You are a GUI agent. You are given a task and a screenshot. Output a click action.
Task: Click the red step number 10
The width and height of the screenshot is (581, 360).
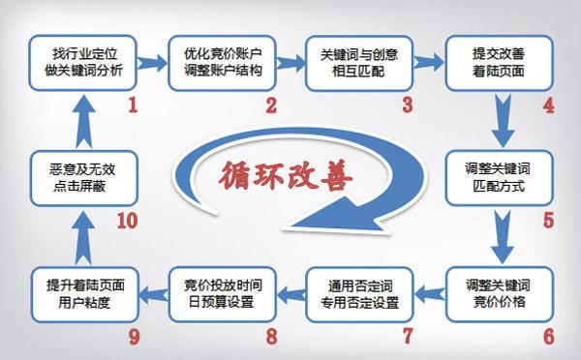[127, 221]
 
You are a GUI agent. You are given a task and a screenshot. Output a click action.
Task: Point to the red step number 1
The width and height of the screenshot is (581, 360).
[132, 103]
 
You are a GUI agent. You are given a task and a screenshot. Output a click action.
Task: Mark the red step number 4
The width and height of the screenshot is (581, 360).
[548, 103]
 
